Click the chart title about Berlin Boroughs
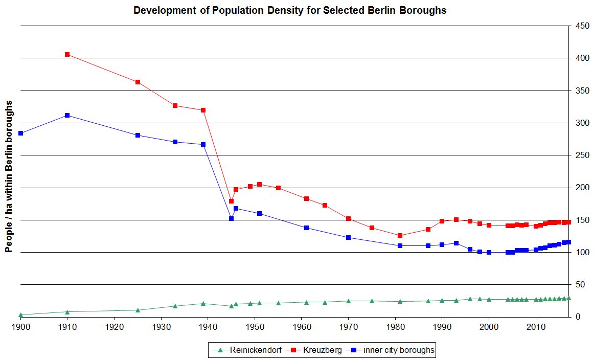tap(290, 10)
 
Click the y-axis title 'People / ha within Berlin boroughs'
tap(8, 176)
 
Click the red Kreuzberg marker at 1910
tap(67, 54)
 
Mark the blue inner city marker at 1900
tap(20, 133)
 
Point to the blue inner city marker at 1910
tap(67, 115)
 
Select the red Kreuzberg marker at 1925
tap(138, 82)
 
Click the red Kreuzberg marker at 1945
tap(231, 201)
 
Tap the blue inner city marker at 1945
tap(231, 218)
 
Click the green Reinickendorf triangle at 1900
tap(20, 314)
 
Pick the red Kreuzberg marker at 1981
tap(400, 235)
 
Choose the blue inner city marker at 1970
tap(348, 237)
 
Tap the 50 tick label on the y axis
tap(580, 284)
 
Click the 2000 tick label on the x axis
tap(489, 326)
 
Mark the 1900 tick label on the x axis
tap(20, 326)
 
